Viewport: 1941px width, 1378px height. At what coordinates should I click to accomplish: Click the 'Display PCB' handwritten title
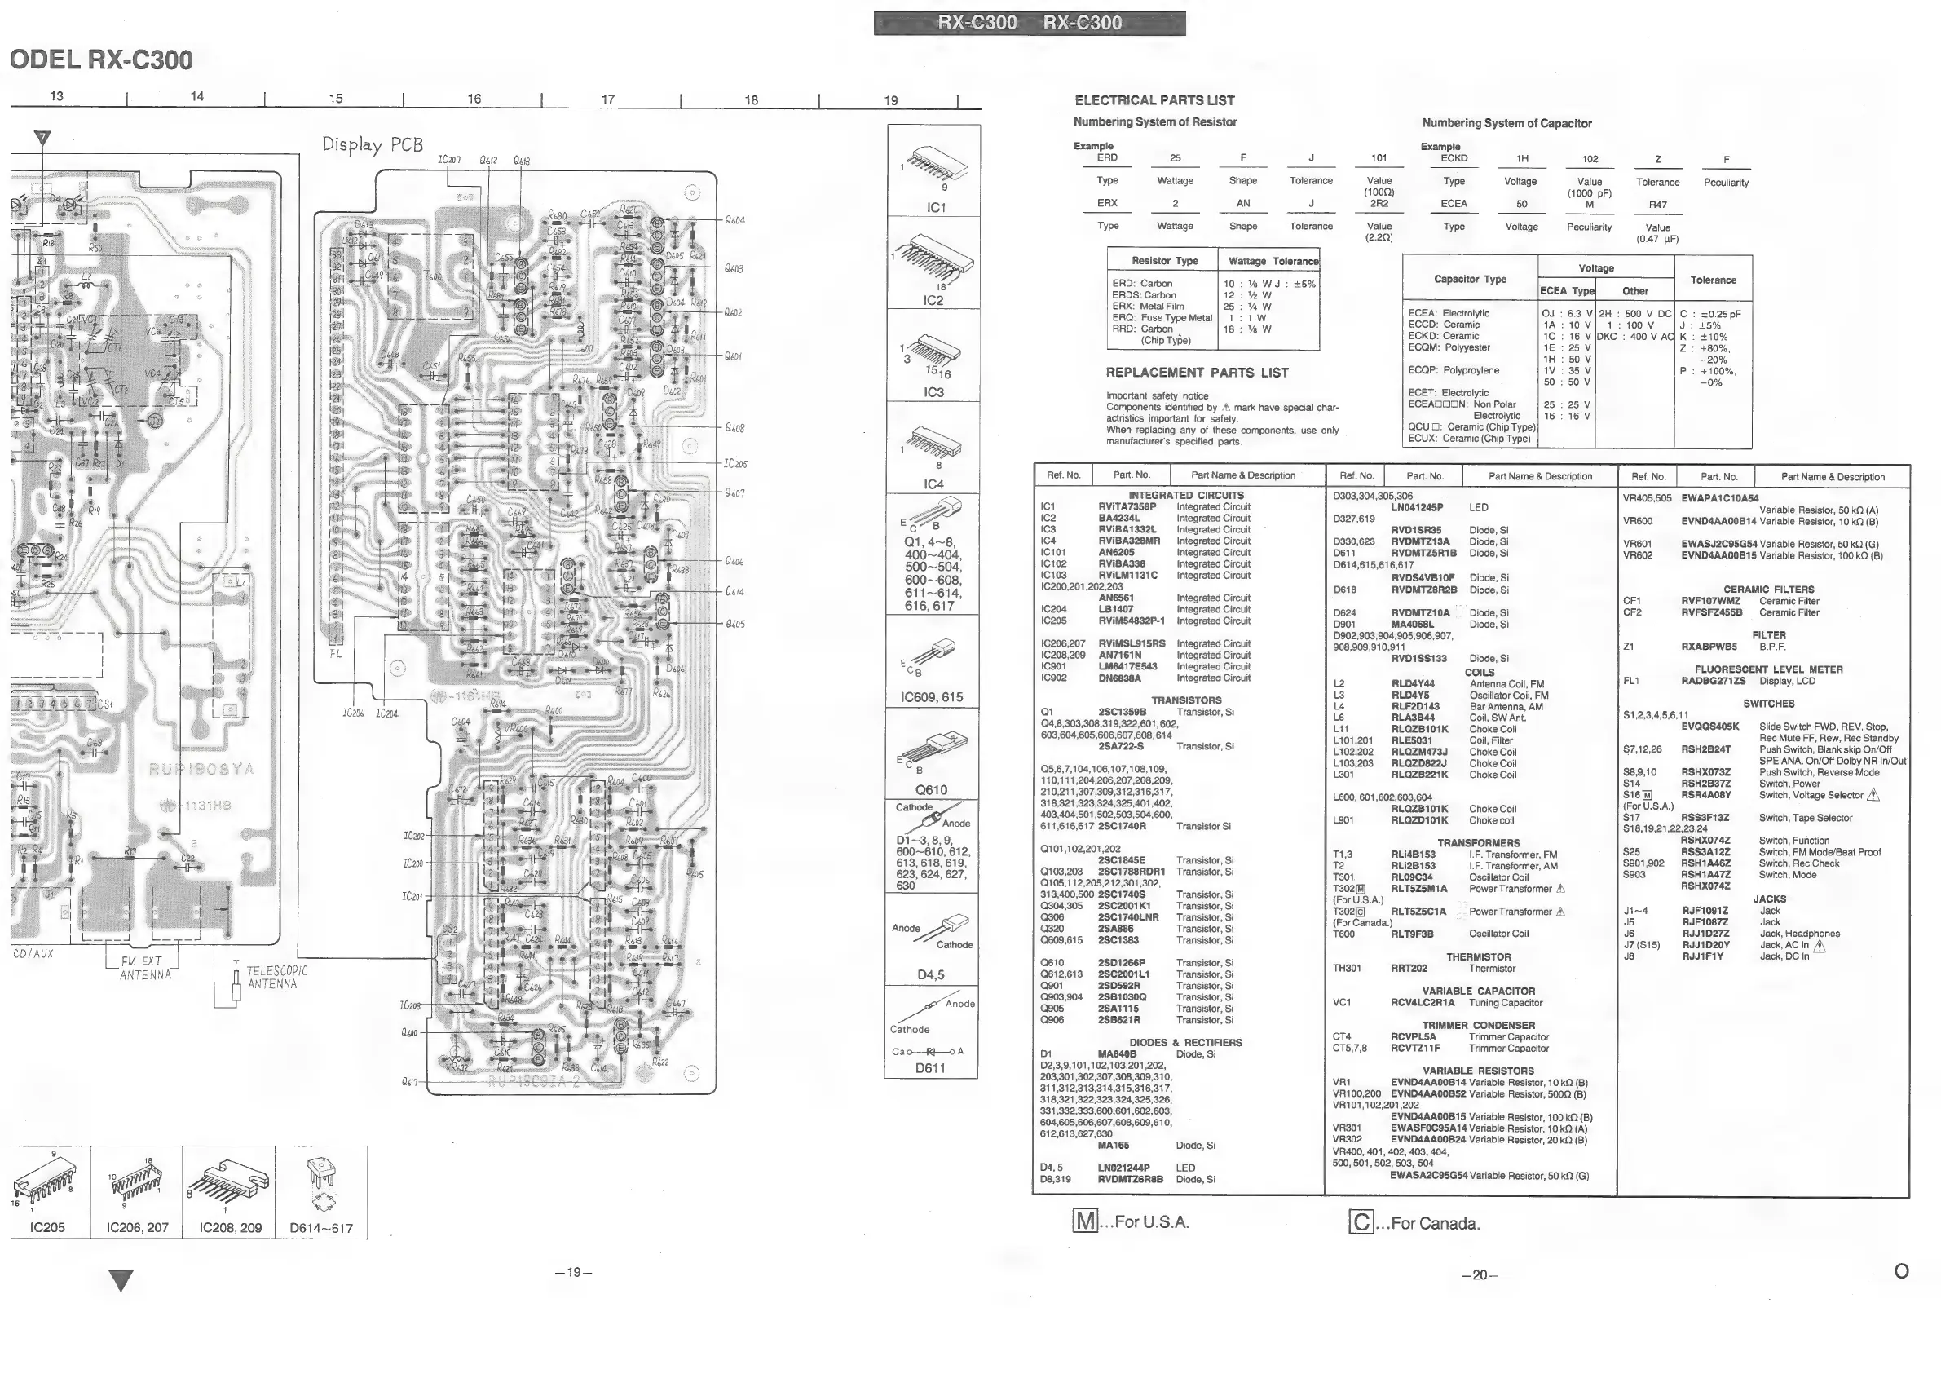372,144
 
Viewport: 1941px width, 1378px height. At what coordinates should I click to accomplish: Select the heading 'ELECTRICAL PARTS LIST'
1154,100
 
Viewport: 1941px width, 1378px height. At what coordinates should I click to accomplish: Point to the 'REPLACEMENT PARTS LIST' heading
1196,373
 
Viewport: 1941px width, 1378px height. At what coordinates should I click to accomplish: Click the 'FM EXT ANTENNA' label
143,968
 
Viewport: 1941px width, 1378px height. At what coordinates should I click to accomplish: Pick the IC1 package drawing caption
936,208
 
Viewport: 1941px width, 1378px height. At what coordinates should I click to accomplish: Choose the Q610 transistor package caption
931,789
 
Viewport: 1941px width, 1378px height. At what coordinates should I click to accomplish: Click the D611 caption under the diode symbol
930,1068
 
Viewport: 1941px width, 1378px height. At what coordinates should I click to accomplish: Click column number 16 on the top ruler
474,99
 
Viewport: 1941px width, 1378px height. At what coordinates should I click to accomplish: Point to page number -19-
573,1272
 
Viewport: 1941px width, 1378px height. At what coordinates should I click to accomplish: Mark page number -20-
1480,1274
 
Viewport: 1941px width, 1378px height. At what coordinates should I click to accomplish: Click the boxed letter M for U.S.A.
1085,1222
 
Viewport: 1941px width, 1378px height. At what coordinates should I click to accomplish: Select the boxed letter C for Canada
1361,1223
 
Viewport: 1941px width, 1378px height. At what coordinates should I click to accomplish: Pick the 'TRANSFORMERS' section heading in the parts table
1478,842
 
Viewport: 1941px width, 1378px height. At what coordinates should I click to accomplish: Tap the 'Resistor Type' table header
1164,260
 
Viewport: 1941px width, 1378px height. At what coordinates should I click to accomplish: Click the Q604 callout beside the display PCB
734,221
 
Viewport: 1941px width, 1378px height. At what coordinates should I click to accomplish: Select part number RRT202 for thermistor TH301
1409,968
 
